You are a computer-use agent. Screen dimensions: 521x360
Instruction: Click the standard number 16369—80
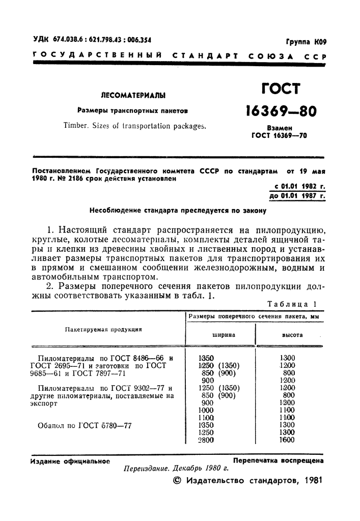tap(281, 111)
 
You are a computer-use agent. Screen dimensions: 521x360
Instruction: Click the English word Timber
tap(77, 126)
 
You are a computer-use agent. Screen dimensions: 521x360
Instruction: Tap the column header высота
tap(293, 335)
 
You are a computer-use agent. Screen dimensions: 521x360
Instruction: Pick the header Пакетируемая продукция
tap(103, 329)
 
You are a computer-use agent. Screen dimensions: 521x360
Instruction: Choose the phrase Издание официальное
tap(70, 461)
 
